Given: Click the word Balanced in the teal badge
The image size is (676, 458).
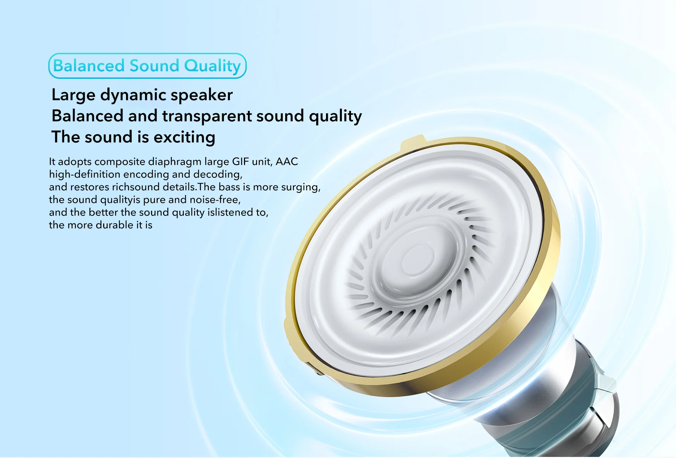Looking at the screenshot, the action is click(x=89, y=66).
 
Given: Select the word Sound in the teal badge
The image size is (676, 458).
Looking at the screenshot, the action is click(x=155, y=66).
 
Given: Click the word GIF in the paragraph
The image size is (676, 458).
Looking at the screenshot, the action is click(x=240, y=162).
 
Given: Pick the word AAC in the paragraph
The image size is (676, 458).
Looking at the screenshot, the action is click(x=287, y=162).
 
